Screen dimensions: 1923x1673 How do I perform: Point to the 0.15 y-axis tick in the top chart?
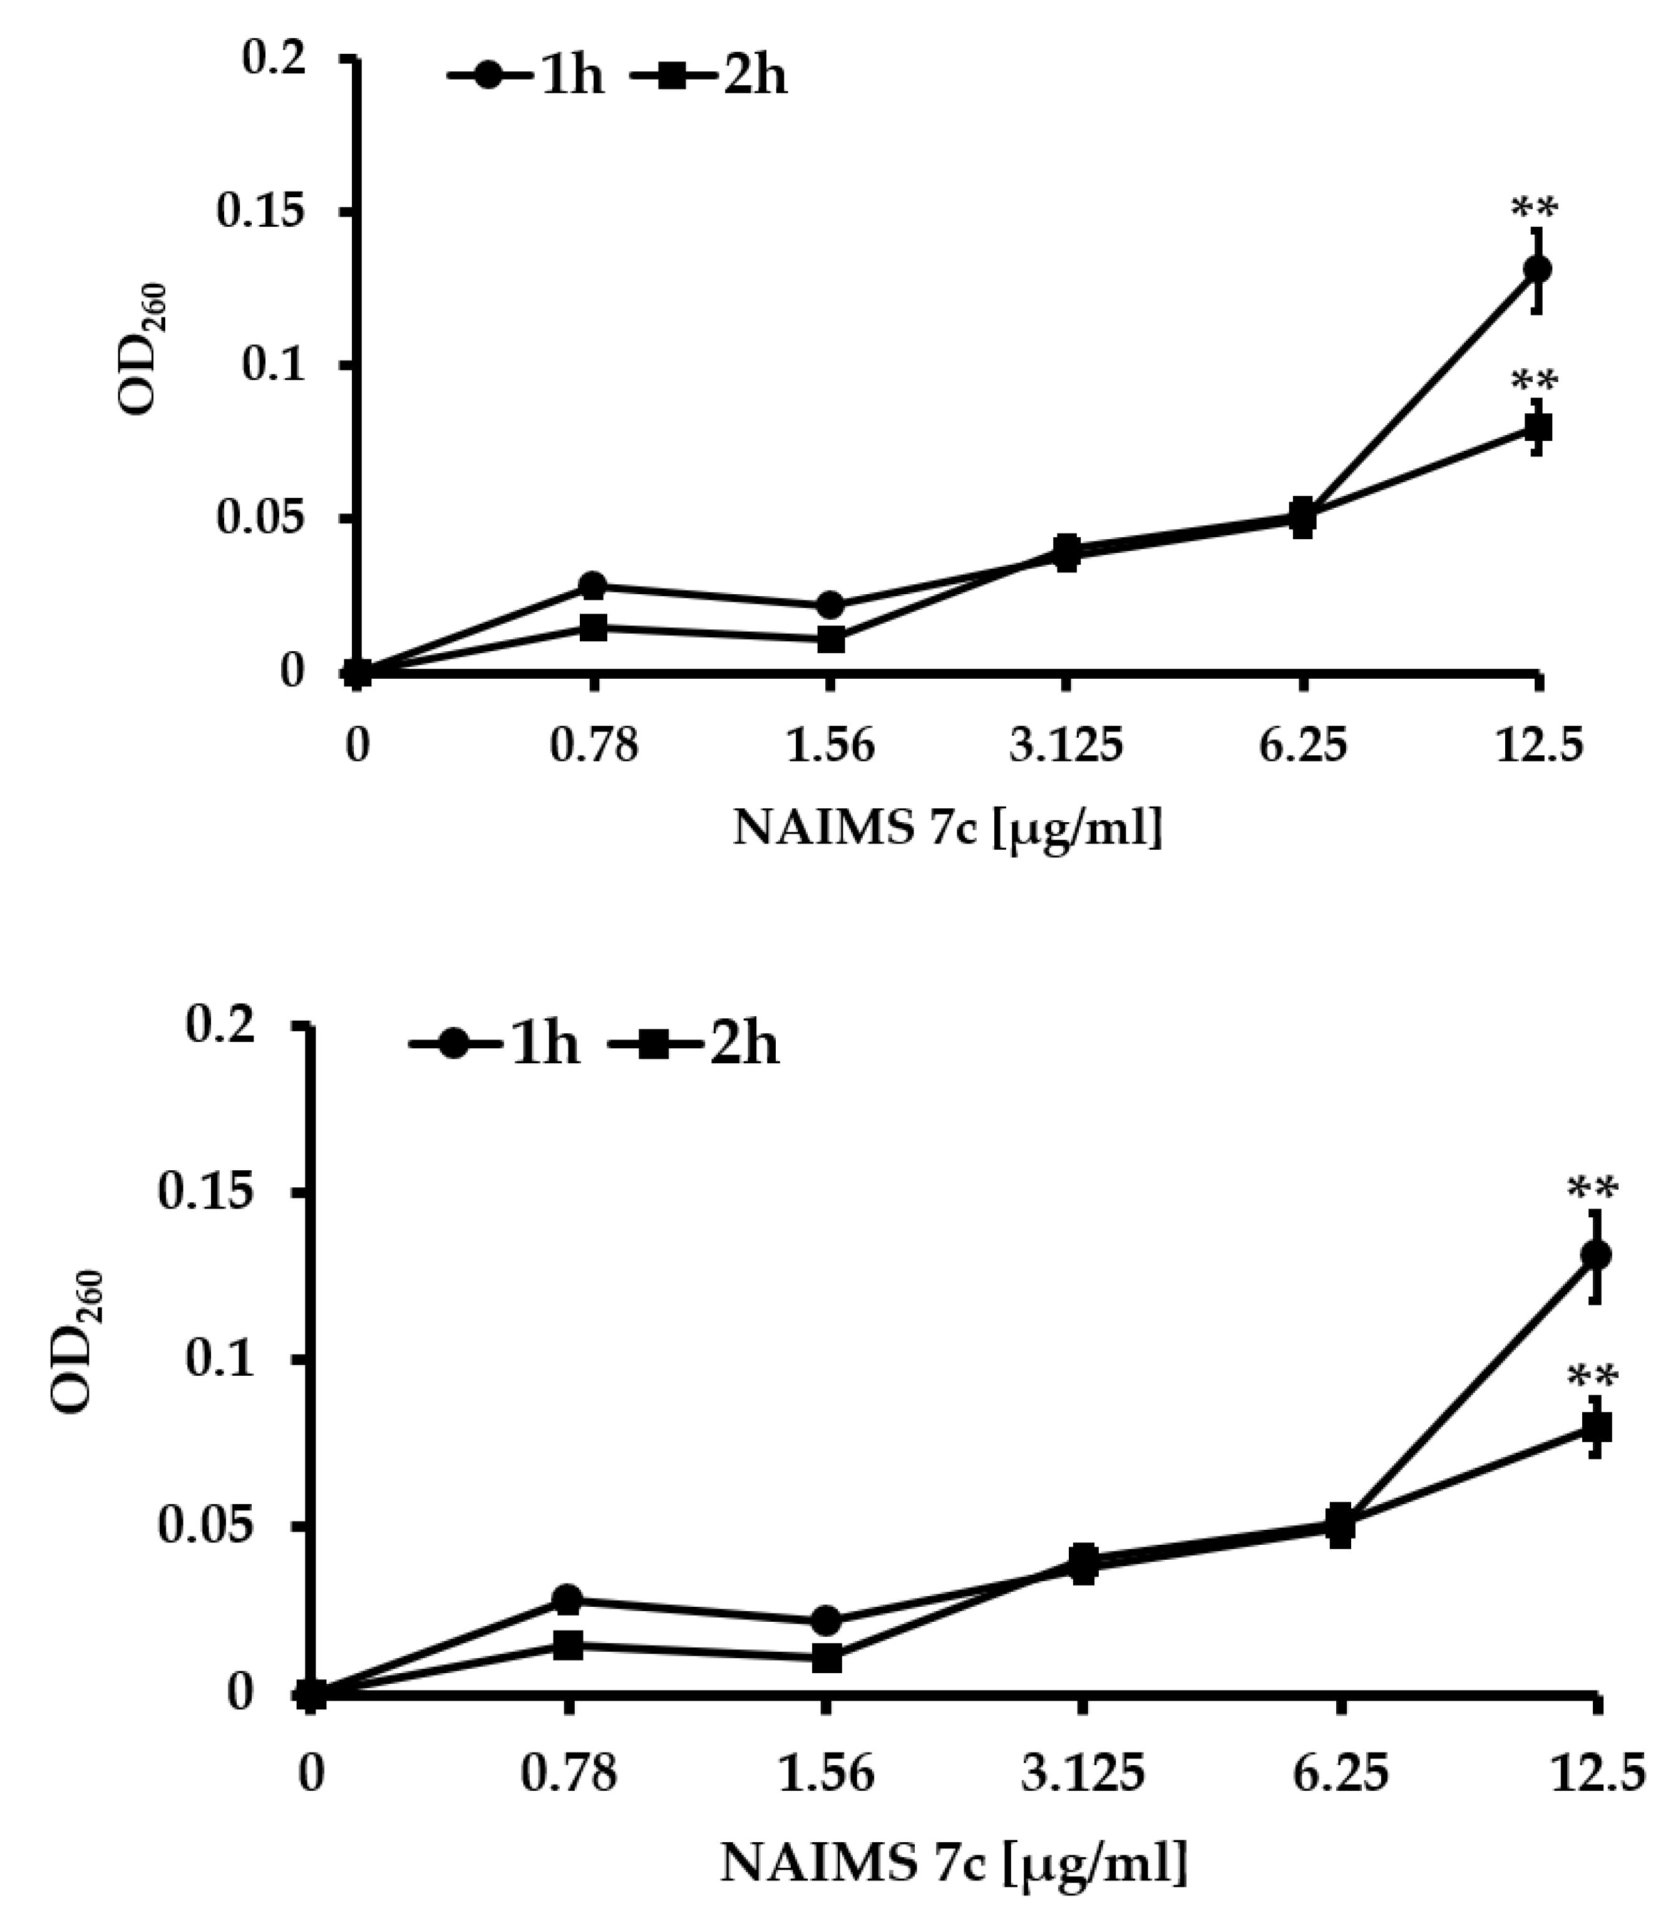point(262,213)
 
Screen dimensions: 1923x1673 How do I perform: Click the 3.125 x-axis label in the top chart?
point(1065,747)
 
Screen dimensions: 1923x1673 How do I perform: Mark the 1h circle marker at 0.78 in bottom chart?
point(568,1600)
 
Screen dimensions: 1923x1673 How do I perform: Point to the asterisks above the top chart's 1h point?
point(1535,207)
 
